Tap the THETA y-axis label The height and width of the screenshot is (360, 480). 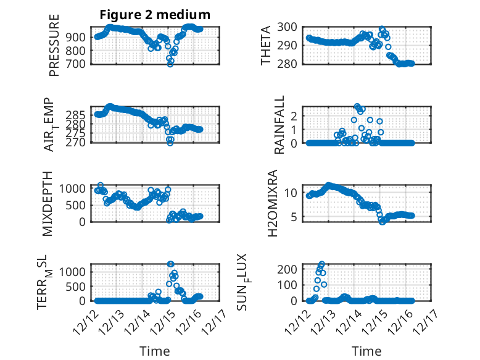pyautogui.click(x=267, y=45)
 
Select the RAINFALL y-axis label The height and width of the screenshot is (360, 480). pyautogui.click(x=279, y=123)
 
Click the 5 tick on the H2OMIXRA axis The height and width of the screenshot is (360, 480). pyautogui.click(x=296, y=217)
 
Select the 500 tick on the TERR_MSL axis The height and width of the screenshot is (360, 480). pyautogui.click(x=79, y=286)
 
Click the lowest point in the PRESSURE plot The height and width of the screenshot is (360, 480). pyautogui.click(x=170, y=64)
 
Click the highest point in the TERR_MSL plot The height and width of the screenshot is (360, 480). pyautogui.click(x=170, y=264)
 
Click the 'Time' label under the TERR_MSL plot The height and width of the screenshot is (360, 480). pyautogui.click(x=155, y=351)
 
